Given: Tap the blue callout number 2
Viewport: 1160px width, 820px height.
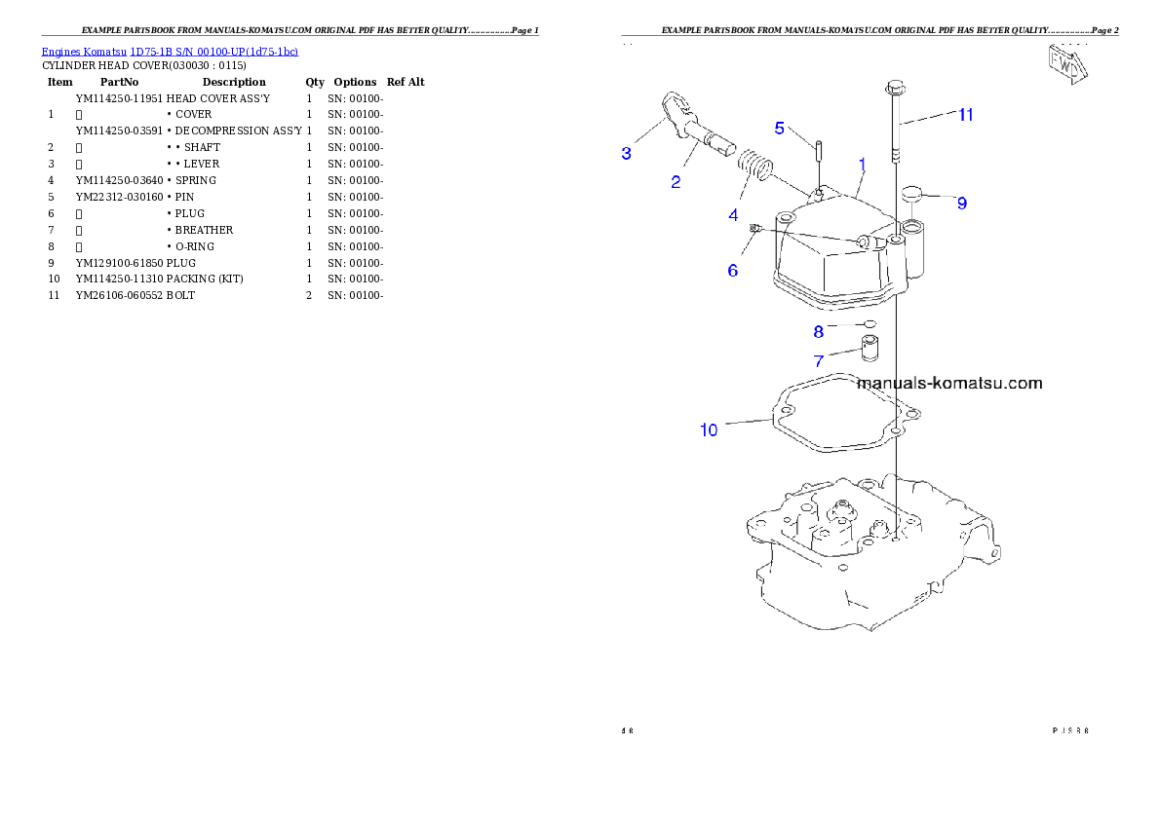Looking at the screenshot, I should [675, 181].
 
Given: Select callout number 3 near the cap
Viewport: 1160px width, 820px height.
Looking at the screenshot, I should [627, 153].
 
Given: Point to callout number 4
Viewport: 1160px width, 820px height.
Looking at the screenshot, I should [733, 215].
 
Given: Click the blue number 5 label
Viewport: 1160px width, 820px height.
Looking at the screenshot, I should [780, 128].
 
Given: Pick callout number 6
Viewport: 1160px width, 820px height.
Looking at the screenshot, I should [733, 270].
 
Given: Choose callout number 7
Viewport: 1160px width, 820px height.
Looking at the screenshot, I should [819, 361].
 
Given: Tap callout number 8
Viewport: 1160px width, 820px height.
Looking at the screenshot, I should [819, 331].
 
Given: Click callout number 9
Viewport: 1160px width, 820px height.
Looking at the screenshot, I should [961, 204].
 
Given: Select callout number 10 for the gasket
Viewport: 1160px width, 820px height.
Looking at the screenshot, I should [709, 429].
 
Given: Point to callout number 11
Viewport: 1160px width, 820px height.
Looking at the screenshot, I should [965, 115].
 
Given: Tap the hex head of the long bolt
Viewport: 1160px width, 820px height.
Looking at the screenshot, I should [896, 89].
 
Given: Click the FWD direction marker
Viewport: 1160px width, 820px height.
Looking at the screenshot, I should [1066, 63].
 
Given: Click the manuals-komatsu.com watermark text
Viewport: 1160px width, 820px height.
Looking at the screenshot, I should [948, 383].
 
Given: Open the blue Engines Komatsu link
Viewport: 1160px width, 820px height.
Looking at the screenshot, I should [170, 51].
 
